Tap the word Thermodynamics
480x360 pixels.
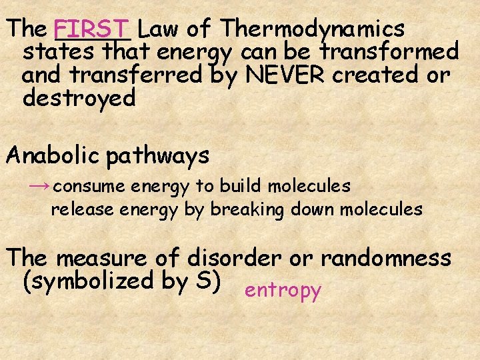point(313,29)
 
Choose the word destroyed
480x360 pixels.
point(79,98)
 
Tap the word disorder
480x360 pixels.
point(230,258)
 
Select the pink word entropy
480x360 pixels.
point(283,291)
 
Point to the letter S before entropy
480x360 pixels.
point(203,280)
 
